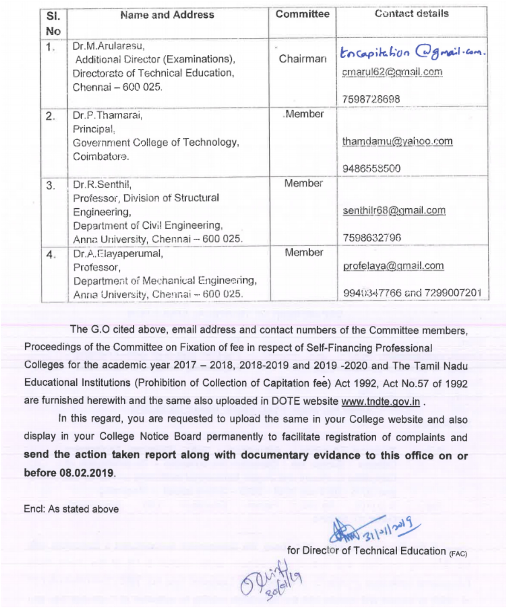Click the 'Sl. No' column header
[53, 23]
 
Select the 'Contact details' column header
[411, 14]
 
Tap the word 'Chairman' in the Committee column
[302, 59]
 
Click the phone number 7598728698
[371, 99]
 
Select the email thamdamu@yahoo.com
[397, 141]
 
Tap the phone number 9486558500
[371, 168]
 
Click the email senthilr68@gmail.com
[394, 211]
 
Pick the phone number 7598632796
[372, 238]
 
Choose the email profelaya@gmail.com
[393, 266]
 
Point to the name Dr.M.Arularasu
[108, 46]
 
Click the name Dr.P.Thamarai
[107, 115]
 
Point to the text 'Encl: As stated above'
[71, 509]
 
